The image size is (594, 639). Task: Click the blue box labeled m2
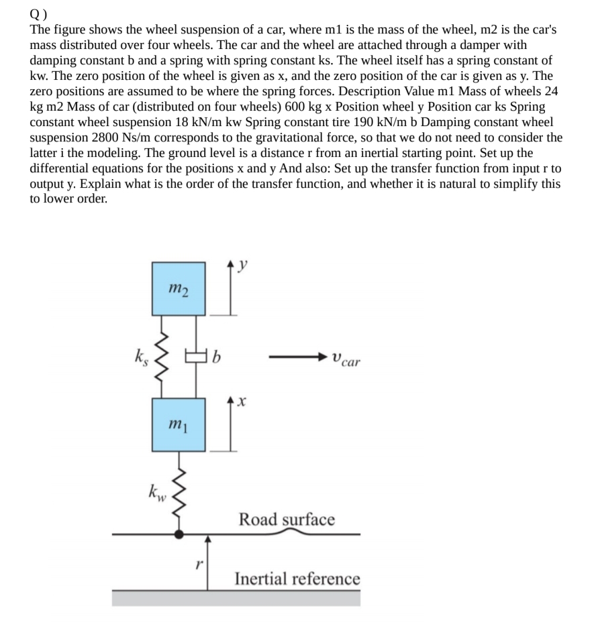click(178, 289)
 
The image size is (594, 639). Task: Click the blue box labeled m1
click(178, 424)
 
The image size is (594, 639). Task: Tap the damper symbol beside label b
click(196, 355)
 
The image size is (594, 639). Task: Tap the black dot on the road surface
click(179, 534)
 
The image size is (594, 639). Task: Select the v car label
click(345, 361)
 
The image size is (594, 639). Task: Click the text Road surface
click(287, 519)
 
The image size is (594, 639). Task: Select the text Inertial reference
click(297, 578)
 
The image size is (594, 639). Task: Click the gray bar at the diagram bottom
click(236, 597)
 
